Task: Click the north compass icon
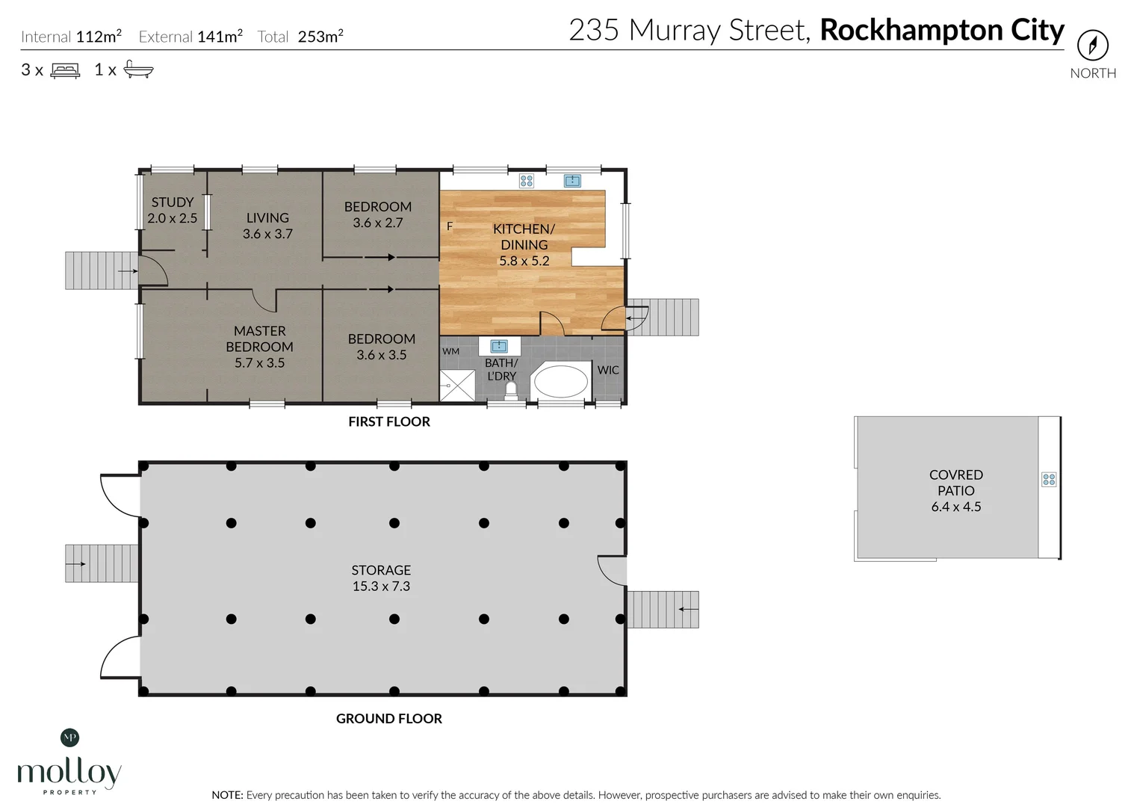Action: (x=1092, y=46)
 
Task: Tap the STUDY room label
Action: (x=173, y=210)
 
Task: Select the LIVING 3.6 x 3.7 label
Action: (x=267, y=226)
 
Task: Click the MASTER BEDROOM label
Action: (x=259, y=347)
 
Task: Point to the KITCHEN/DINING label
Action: (x=524, y=244)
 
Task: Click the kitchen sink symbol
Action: (x=572, y=181)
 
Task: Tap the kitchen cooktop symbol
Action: (x=527, y=181)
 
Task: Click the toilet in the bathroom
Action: (x=511, y=391)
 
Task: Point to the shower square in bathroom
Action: (x=457, y=386)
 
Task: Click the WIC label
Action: (x=608, y=370)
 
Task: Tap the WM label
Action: (x=450, y=351)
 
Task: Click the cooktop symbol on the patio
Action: (x=1049, y=480)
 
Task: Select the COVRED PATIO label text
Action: (x=956, y=490)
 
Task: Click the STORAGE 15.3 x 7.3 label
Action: (x=381, y=578)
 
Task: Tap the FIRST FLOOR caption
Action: (x=389, y=421)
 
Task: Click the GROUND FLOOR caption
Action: (x=389, y=718)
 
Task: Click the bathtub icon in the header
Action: (x=138, y=70)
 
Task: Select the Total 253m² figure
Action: (x=300, y=37)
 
